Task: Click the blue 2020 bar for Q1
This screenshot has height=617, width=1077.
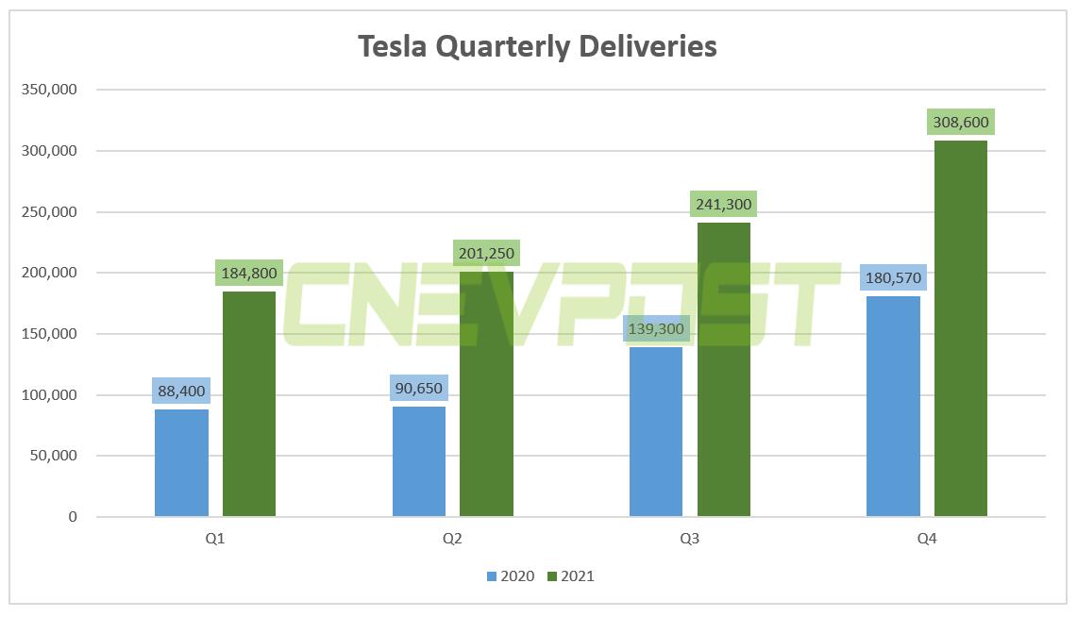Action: coord(181,462)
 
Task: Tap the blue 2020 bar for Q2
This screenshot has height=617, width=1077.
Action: coord(419,461)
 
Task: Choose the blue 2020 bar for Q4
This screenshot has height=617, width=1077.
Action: coord(893,407)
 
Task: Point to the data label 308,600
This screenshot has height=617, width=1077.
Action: coord(961,123)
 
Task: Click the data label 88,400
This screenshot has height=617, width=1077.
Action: coord(181,391)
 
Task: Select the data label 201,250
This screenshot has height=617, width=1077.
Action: coord(486,253)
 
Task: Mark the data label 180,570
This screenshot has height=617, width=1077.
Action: coord(893,278)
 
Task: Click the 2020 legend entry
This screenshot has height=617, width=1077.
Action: coord(511,575)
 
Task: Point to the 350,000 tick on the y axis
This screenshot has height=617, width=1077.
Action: coord(47,90)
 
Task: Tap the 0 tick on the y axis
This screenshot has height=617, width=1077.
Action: coord(73,517)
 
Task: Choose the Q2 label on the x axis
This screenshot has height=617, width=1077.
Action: coord(452,540)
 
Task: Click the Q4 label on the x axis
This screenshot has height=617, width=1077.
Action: coord(927,540)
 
